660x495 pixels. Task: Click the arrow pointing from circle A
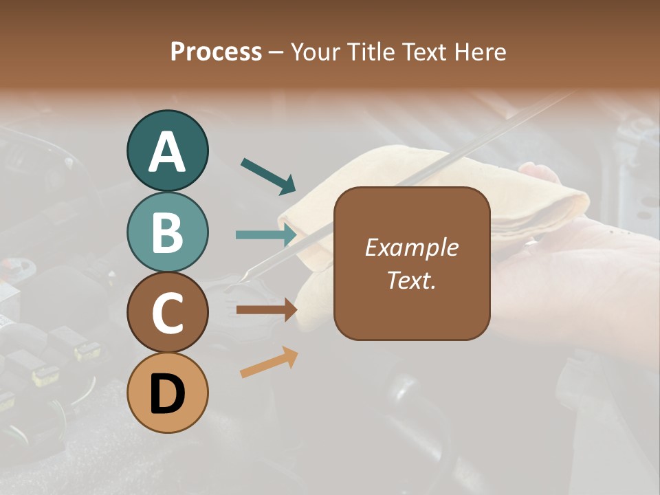[x=268, y=175]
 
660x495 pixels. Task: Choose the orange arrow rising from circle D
[x=269, y=362]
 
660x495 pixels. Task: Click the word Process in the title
[x=216, y=52]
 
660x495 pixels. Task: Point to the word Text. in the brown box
[x=411, y=280]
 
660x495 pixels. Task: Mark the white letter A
[x=168, y=151]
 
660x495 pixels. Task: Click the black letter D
[x=168, y=393]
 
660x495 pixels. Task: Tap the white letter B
[x=168, y=232]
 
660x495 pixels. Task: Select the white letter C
[x=168, y=312]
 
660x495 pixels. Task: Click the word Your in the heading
[x=316, y=52]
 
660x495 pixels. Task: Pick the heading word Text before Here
[x=421, y=52]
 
